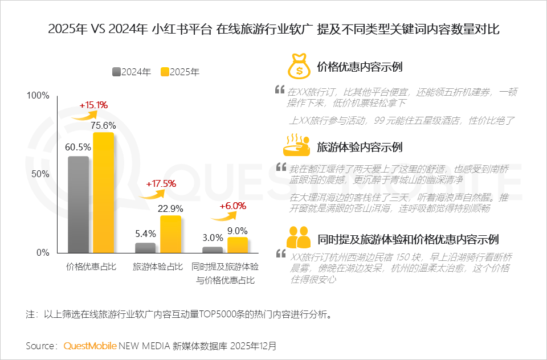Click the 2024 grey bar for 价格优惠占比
coord(79,204)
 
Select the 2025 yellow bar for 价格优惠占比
coord(104,193)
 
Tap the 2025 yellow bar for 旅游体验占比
coord(170,234)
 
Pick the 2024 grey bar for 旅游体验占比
coord(145,248)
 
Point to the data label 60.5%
coord(78,147)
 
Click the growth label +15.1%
coord(93,105)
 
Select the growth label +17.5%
coord(161,184)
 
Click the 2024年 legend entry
coord(132,72)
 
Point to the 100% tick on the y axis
coord(38,95)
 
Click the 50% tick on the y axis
coord(41,174)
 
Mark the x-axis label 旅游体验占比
coord(158,267)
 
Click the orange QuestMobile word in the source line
coord(90,346)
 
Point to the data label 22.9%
coord(170,208)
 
